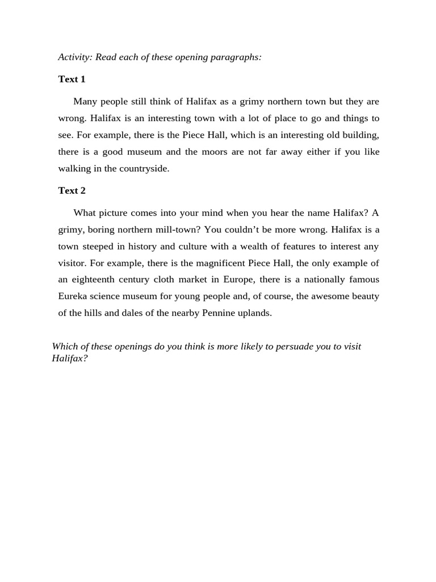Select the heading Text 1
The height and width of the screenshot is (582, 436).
click(72, 79)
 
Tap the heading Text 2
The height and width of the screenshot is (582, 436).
click(72, 190)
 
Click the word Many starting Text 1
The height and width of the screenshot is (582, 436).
click(86, 102)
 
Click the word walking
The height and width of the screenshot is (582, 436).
click(74, 169)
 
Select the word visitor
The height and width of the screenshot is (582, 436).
click(72, 263)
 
